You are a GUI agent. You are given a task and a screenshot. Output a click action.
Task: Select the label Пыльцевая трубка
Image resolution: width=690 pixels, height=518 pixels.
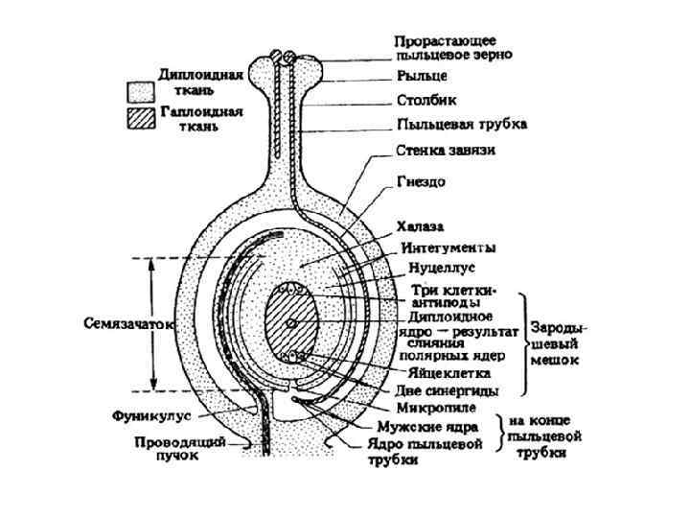pos(462,125)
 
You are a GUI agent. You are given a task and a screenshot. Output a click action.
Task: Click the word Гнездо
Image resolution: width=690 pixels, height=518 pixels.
pos(419,180)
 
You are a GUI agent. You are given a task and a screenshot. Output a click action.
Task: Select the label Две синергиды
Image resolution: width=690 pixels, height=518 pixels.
pos(450,390)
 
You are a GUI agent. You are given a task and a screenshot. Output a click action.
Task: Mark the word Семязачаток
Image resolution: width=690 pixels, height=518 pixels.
pos(127,324)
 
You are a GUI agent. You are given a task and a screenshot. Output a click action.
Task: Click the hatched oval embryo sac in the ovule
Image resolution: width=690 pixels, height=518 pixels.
pos(292,323)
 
